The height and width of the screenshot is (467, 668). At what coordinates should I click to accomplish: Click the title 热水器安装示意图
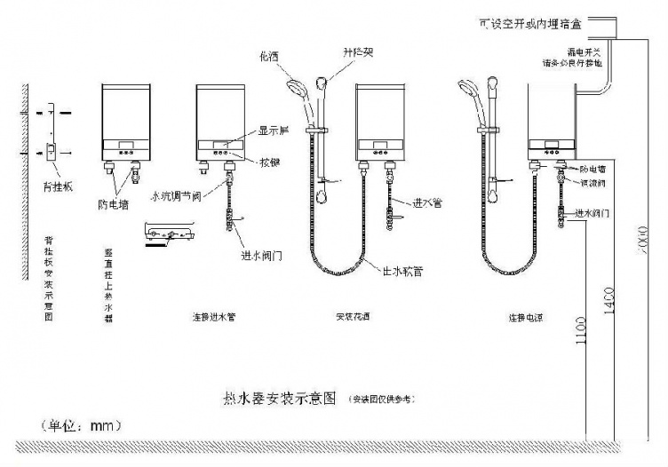pyautogui.click(x=281, y=400)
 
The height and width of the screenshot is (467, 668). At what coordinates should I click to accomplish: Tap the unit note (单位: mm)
pyautogui.click(x=81, y=426)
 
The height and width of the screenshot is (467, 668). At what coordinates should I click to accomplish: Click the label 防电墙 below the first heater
pyautogui.click(x=114, y=202)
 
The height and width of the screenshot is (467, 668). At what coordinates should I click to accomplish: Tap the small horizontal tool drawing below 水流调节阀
pyautogui.click(x=166, y=234)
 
